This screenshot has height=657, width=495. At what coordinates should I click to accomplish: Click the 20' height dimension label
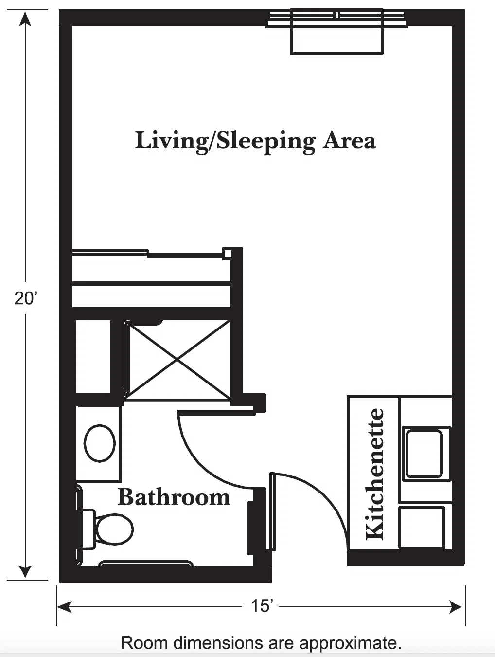click(x=26, y=298)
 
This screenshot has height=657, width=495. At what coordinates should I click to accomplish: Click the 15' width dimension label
click(x=262, y=606)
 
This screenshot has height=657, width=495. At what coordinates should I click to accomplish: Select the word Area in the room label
click(x=349, y=141)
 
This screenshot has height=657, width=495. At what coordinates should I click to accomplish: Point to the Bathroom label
click(x=174, y=497)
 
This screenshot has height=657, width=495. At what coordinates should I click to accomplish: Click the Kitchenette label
click(x=374, y=474)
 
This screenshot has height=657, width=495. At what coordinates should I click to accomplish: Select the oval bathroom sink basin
click(x=100, y=443)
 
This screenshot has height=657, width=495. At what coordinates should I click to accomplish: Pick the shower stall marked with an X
click(x=177, y=360)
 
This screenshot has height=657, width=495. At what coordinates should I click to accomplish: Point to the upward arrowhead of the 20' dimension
click(x=25, y=18)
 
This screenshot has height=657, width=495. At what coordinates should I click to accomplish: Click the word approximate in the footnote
click(x=350, y=642)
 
